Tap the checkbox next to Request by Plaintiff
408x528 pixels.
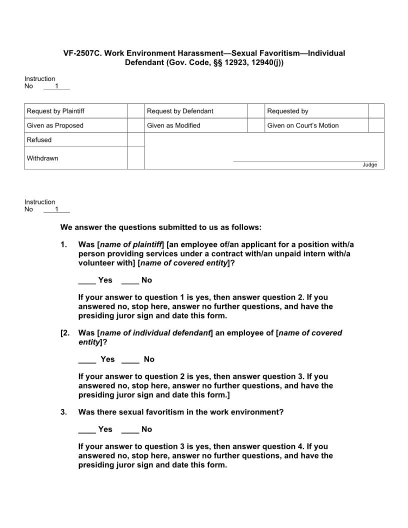click(136, 111)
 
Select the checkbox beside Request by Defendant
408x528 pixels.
click(256, 111)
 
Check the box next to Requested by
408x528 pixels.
click(376, 111)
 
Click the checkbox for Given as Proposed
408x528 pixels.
click(136, 125)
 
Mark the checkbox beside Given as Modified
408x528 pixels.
click(256, 125)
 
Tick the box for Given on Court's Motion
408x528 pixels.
click(376, 125)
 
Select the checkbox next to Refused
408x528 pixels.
click(136, 140)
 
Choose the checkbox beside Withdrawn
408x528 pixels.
click(136, 158)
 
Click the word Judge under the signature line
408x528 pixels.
click(370, 165)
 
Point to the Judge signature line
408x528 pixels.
click(305, 160)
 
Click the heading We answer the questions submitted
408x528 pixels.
click(160, 227)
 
